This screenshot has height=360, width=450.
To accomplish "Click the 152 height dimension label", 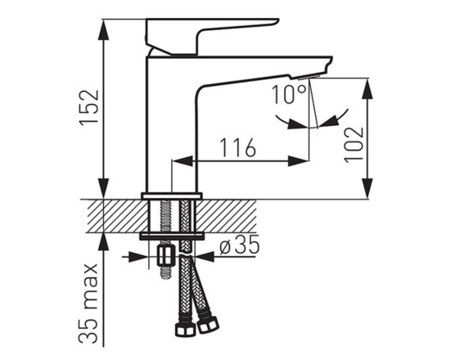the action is pos(89,107).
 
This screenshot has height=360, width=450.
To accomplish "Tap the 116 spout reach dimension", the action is pos(237,147).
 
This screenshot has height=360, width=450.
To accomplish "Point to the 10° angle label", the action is pos(289,94).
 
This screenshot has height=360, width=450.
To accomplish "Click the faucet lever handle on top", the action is pos(213,36).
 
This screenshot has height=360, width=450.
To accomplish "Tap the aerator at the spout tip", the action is pos(308,77).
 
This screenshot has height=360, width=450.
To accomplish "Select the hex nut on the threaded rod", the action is pos(165,256).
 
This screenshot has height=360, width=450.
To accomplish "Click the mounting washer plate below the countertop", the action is pos(172,236).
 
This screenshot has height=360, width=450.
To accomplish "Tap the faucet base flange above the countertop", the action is pos(172,196).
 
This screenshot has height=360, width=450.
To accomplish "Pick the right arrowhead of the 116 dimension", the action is pos(298,161).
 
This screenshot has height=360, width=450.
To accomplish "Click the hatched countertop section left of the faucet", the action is pos(115,216).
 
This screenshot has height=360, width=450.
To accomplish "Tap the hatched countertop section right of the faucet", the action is pos(227,216).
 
